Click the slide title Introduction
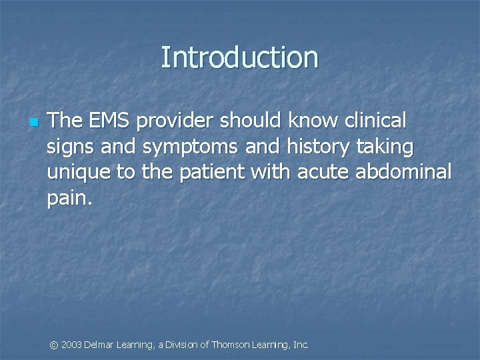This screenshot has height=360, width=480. click(x=239, y=57)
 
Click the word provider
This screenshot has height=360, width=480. click(x=175, y=121)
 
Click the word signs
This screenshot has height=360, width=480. click(x=69, y=147)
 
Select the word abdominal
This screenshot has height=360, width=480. click(x=405, y=172)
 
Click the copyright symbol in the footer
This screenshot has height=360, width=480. click(x=55, y=345)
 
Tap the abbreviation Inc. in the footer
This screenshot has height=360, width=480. click(x=301, y=345)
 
